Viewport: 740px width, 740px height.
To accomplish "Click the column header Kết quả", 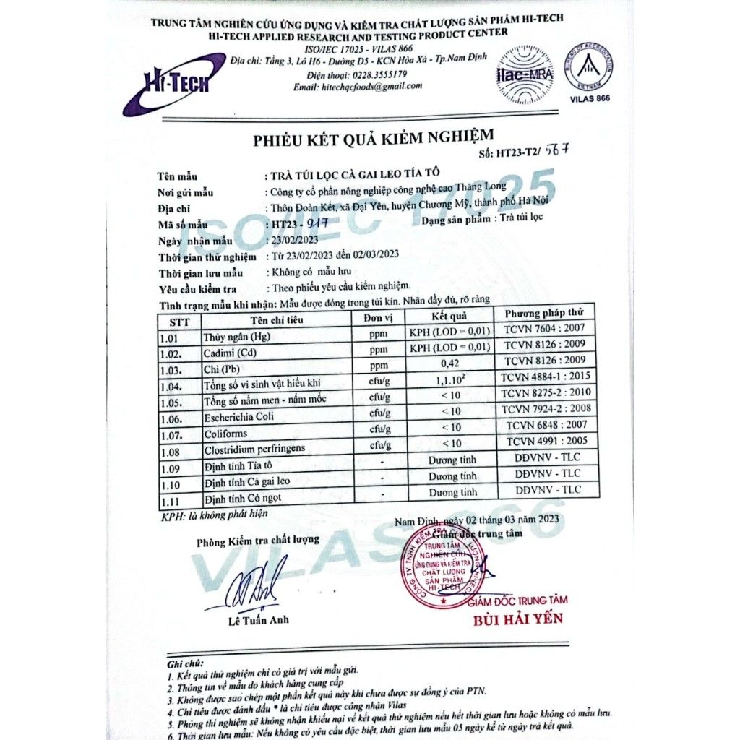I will (x=449, y=316).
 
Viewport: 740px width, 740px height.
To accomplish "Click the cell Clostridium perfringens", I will (x=254, y=448).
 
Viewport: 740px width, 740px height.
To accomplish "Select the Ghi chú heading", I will (x=185, y=663).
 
